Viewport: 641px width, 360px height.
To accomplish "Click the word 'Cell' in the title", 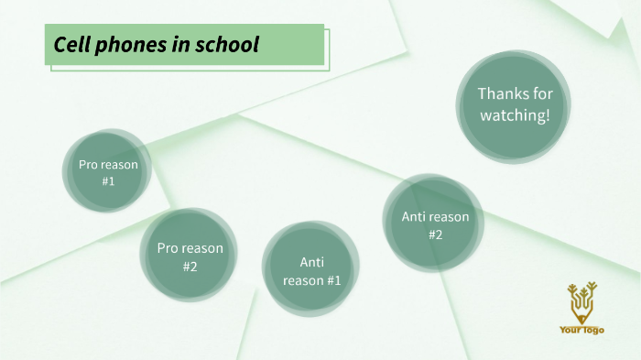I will coord(71,45).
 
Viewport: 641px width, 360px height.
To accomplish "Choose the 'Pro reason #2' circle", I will coord(190,256).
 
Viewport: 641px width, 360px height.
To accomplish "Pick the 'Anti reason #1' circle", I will coord(311,270).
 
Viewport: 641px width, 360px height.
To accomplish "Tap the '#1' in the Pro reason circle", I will coord(108,181).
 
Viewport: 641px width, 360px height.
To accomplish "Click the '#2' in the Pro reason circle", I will coord(190,267).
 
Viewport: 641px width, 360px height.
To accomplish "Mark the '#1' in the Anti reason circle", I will coord(331,280).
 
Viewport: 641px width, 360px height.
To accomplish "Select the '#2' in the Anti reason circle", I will coord(435,235).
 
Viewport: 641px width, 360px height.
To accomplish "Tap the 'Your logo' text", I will coord(581,330).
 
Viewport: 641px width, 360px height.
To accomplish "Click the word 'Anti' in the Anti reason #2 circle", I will coord(414,217).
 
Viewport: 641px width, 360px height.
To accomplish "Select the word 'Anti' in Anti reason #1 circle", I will coord(311,261).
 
